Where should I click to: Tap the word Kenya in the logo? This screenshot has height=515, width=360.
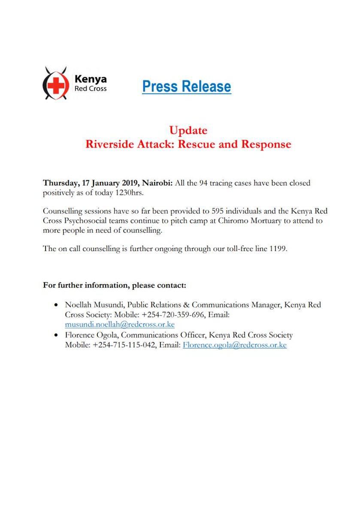(91, 79)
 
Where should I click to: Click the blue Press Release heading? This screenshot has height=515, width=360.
(187, 86)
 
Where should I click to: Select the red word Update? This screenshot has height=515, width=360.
(188, 130)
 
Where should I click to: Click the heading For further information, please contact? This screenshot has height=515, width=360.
(115, 285)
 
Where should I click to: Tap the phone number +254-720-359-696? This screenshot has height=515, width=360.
(159, 315)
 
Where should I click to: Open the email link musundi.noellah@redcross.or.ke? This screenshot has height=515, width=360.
(120, 324)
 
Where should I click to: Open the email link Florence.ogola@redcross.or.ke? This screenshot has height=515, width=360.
(235, 345)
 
